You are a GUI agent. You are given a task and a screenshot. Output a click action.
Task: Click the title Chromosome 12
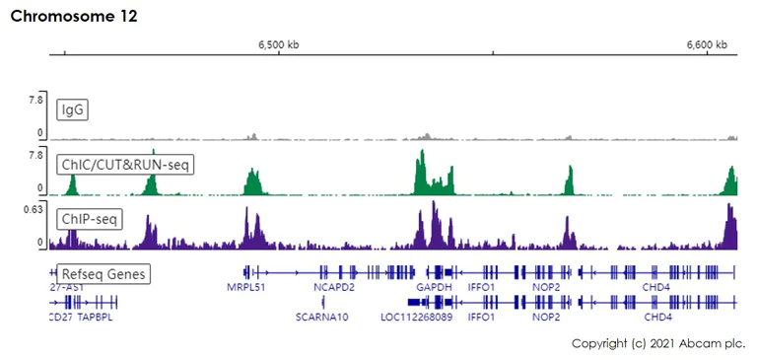(74, 17)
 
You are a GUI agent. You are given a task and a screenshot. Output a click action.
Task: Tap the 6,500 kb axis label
(279, 44)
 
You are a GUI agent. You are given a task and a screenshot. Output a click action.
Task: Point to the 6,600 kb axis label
(706, 44)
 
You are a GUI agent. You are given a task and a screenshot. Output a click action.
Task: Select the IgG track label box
(73, 109)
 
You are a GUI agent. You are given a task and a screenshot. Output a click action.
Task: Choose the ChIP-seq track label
(90, 218)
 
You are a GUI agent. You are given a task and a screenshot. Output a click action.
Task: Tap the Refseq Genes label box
(103, 273)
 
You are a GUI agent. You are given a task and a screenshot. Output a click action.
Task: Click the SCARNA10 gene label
(322, 318)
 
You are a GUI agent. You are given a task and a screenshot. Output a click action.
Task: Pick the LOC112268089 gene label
(416, 318)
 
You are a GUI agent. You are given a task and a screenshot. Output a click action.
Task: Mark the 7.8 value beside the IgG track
(35, 100)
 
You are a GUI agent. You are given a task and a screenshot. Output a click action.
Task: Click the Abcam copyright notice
(657, 342)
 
